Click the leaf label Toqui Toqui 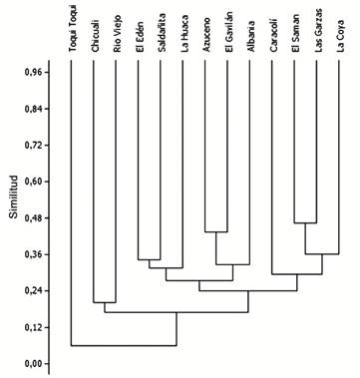(x=73, y=30)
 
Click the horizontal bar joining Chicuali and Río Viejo (x=106, y=302)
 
